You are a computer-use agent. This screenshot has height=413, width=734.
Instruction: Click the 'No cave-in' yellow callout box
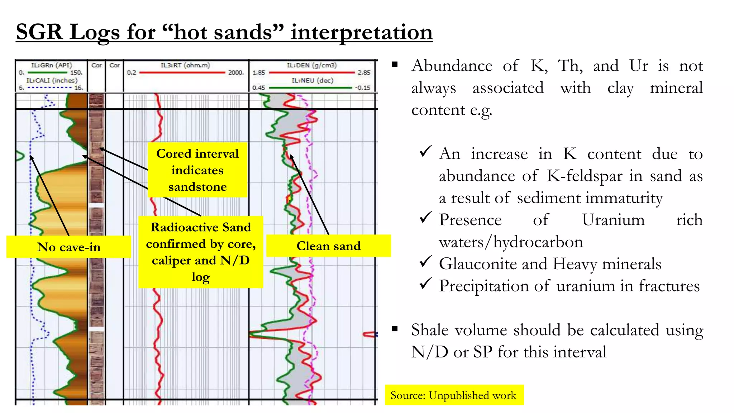click(x=69, y=247)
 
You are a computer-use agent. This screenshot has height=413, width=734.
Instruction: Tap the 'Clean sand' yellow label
click(x=328, y=246)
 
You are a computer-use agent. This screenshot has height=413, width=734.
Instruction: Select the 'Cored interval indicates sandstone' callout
click(x=197, y=170)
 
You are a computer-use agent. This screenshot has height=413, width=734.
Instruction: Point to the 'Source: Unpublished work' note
click(x=453, y=395)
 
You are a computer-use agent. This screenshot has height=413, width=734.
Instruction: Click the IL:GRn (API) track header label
click(x=51, y=65)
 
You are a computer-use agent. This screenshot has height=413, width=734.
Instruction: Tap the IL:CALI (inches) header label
click(x=52, y=80)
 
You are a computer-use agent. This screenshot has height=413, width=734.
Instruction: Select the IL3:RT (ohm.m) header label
click(x=185, y=65)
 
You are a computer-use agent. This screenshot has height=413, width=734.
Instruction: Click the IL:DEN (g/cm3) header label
click(x=311, y=65)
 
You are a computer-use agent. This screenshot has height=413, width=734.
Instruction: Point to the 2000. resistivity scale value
click(x=236, y=72)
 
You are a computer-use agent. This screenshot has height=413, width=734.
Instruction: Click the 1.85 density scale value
click(x=259, y=72)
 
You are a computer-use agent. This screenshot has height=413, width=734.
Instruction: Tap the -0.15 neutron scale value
click(x=363, y=87)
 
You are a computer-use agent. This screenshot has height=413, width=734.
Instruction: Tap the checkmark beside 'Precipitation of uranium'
click(x=425, y=284)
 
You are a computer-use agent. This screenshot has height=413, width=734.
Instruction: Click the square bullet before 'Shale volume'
click(x=395, y=328)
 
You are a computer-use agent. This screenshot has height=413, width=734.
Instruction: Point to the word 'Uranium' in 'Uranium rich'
click(x=613, y=220)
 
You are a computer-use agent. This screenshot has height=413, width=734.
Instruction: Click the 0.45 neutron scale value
click(x=259, y=87)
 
